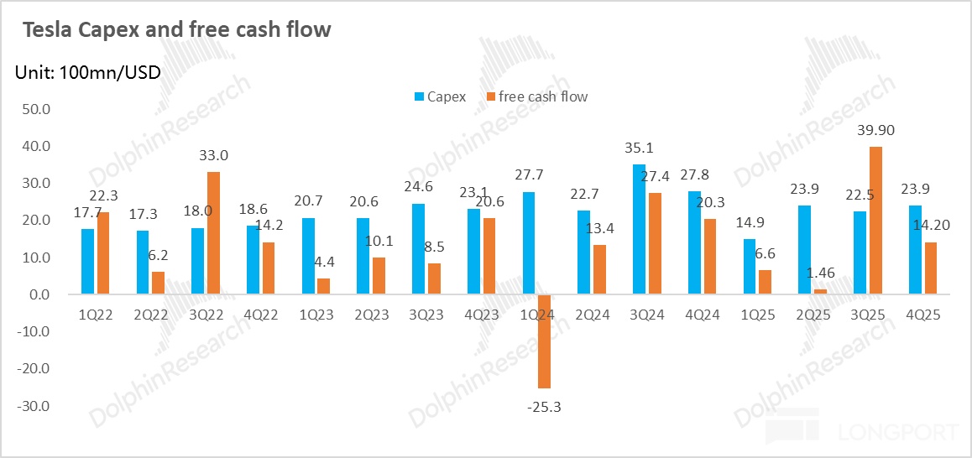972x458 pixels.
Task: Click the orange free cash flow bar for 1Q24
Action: pyautogui.click(x=544, y=341)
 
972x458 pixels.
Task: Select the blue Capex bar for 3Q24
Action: pyautogui.click(x=639, y=229)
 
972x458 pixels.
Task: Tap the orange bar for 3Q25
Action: pyautogui.click(x=875, y=221)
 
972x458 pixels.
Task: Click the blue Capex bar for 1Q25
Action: pyautogui.click(x=750, y=267)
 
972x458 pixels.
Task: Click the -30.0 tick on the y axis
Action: pyautogui.click(x=36, y=406)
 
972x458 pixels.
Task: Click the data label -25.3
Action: pyautogui.click(x=543, y=407)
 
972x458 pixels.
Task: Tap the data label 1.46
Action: pyautogui.click(x=821, y=273)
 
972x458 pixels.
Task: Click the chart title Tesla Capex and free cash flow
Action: pyautogui.click(x=176, y=30)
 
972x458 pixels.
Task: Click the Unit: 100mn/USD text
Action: pyautogui.click(x=87, y=72)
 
